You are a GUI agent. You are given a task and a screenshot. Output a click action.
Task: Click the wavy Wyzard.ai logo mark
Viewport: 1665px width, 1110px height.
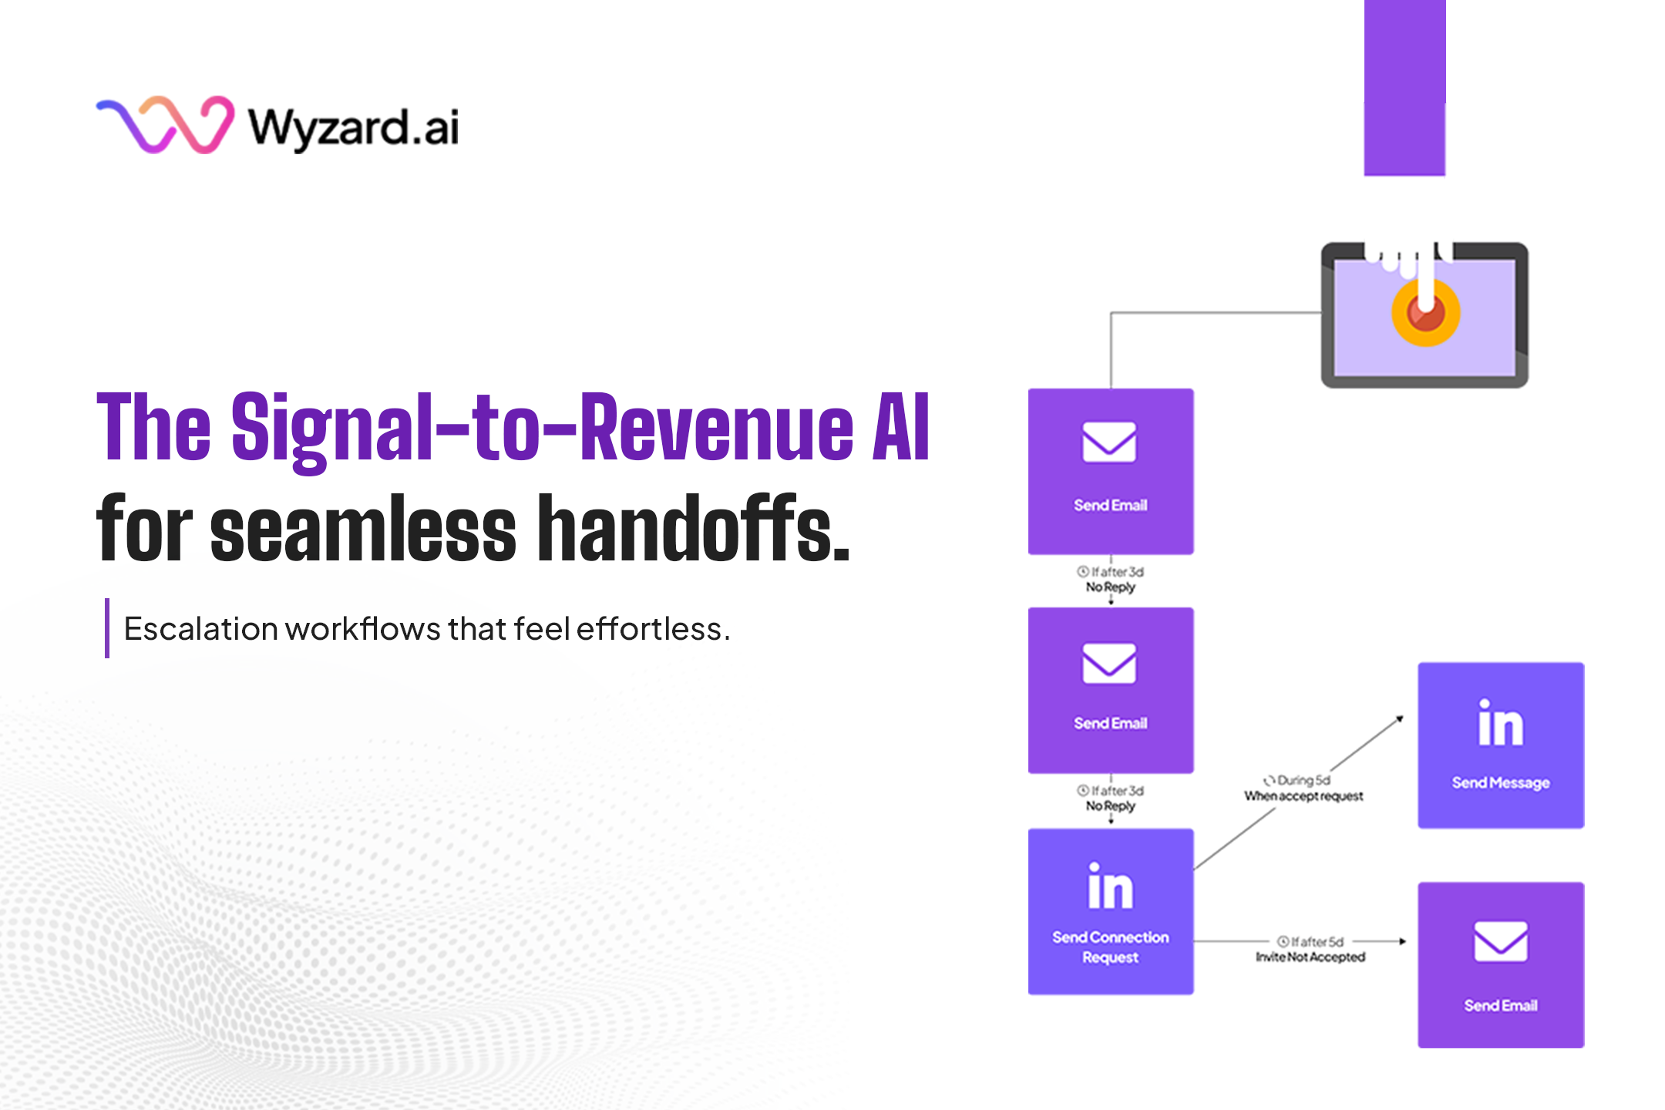165,125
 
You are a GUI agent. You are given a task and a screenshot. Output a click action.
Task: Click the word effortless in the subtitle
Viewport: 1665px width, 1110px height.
652,630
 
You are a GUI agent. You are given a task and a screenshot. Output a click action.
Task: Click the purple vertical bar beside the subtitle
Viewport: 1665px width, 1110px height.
107,628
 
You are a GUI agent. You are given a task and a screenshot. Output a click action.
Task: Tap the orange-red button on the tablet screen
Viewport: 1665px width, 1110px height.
1425,313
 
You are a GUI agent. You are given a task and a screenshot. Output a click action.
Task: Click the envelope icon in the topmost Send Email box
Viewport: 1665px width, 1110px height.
1109,442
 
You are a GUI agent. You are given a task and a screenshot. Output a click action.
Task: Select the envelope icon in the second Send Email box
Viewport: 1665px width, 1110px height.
1109,663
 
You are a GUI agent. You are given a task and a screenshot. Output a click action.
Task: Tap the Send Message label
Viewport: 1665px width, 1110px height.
1500,783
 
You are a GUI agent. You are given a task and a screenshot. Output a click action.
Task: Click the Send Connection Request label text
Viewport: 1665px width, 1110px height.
1110,947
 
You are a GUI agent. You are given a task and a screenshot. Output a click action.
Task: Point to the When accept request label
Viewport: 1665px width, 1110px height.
1303,796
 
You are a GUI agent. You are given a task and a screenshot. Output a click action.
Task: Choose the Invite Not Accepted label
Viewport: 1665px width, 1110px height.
1310,957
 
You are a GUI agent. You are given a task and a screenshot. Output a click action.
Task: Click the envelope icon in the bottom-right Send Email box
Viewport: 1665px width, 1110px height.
1500,941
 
